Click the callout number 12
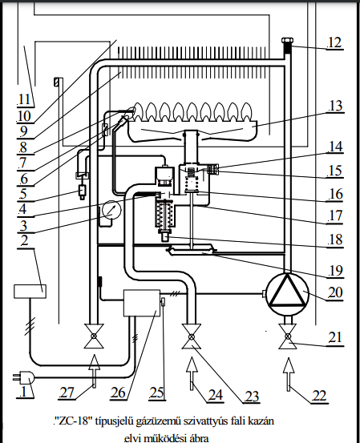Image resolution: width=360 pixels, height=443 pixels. click(x=335, y=42)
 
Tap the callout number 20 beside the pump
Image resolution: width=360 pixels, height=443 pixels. click(x=335, y=292)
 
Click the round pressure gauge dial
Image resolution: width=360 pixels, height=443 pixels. click(x=111, y=210)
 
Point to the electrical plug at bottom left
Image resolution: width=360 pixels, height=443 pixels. click(x=23, y=377)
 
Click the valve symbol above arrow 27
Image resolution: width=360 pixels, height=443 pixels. click(x=94, y=336)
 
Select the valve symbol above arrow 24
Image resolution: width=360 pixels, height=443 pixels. click(x=192, y=336)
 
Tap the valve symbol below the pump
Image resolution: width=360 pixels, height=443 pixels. click(x=288, y=336)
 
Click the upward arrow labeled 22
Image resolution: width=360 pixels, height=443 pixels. click(x=289, y=374)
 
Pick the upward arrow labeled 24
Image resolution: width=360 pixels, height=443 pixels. click(x=192, y=373)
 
